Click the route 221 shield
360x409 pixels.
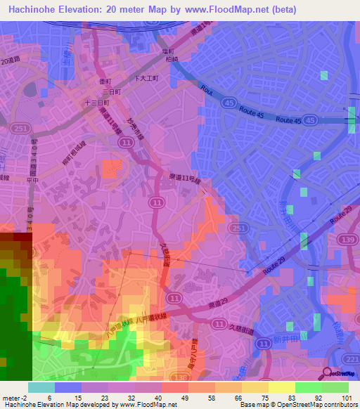tap(352, 359)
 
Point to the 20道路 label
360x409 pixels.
tap(11, 62)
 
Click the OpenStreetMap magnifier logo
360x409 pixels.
tap(327, 373)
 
